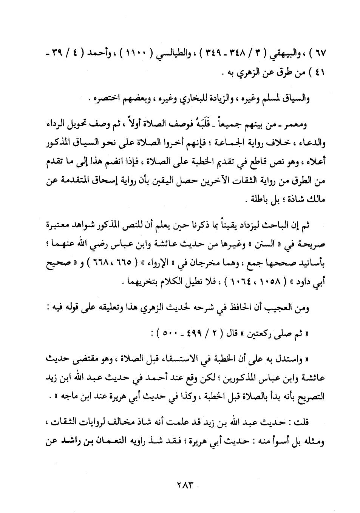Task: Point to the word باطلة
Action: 262,201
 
